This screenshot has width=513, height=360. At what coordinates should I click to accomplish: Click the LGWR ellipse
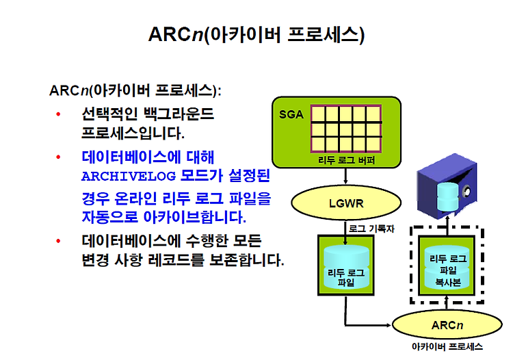(346, 203)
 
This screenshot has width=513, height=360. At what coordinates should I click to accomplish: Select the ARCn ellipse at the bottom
(447, 324)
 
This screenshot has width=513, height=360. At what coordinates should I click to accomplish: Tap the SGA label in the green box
(291, 114)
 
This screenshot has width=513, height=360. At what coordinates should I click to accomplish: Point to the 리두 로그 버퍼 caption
(346, 160)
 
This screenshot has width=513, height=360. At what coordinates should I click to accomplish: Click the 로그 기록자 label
(371, 229)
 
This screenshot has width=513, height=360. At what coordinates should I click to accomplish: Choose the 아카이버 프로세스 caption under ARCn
(447, 346)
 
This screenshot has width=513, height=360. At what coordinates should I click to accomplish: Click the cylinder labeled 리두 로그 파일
(346, 267)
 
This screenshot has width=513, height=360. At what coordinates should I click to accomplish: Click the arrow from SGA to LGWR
(345, 176)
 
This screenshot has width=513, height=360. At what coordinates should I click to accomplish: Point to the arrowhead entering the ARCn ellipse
(389, 325)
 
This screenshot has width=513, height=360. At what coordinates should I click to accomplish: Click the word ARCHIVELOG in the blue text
(129, 177)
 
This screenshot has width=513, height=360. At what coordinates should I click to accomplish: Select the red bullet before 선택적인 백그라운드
(58, 114)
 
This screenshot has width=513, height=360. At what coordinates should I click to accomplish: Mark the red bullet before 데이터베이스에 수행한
(58, 241)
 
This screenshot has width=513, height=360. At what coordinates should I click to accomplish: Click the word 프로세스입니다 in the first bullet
(133, 133)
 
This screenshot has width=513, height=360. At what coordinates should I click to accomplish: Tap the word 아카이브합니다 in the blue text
(195, 217)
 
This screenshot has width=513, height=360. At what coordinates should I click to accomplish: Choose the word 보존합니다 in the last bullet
(246, 260)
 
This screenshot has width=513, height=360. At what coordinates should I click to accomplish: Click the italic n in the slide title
(197, 35)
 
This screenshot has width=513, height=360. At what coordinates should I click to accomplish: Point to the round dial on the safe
(466, 192)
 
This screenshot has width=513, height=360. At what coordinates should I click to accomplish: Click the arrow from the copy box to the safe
(447, 226)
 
